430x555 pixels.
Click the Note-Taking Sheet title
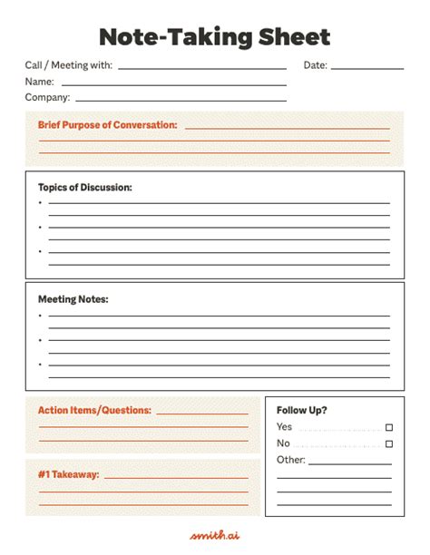tap(214, 36)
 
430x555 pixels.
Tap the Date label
tap(315, 65)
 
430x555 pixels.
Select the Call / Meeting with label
tap(69, 65)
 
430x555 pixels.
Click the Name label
tap(40, 82)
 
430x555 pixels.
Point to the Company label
tap(47, 97)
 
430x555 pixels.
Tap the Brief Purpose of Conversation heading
tap(107, 125)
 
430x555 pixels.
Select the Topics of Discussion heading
tap(85, 188)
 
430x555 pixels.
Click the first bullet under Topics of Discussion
tap(40, 203)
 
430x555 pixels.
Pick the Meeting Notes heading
tap(73, 298)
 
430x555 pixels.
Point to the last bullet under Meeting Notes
tap(40, 364)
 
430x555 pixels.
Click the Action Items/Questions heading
tap(94, 410)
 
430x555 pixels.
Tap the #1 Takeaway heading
tap(69, 474)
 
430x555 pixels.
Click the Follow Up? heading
tap(302, 410)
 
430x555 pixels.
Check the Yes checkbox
tap(389, 427)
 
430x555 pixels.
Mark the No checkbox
tap(389, 443)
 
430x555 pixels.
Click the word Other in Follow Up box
tap(290, 460)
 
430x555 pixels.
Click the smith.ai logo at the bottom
tap(214, 535)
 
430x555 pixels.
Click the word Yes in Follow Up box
tap(284, 426)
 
